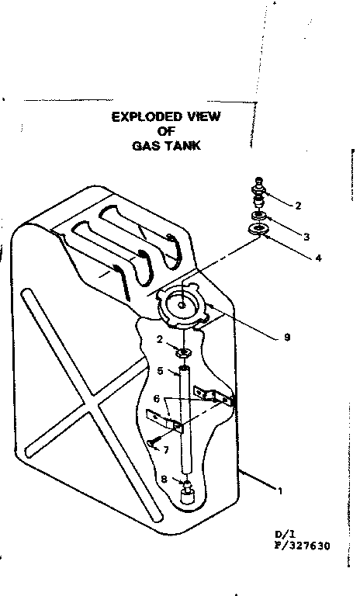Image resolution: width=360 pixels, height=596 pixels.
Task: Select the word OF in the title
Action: pyautogui.click(x=166, y=131)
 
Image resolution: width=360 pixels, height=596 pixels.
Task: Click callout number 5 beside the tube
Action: pyautogui.click(x=160, y=371)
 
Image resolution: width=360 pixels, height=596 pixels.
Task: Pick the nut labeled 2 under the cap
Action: pyautogui.click(x=184, y=354)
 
